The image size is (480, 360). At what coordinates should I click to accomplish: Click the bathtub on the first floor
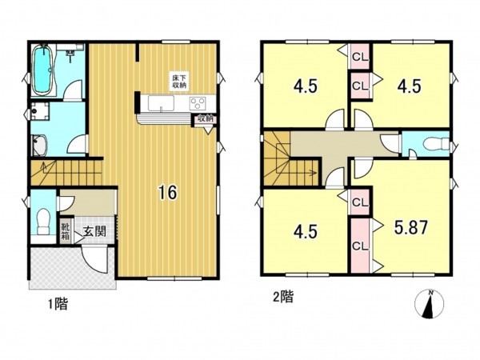(x=41, y=70)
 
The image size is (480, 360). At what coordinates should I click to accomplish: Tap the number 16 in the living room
(x=166, y=192)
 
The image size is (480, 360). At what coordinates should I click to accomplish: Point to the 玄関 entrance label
(x=93, y=231)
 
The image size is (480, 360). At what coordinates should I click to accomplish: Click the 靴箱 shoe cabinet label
(x=66, y=231)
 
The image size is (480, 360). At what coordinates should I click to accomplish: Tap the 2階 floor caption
(x=281, y=297)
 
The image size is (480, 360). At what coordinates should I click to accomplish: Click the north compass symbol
(x=430, y=305)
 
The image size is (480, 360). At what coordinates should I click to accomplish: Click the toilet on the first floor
(x=43, y=218)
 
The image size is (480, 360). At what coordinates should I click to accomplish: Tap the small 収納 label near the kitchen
(x=205, y=120)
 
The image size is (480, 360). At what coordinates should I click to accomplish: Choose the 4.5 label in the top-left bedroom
(x=304, y=84)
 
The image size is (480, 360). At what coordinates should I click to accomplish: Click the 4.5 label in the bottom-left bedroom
(x=304, y=232)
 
